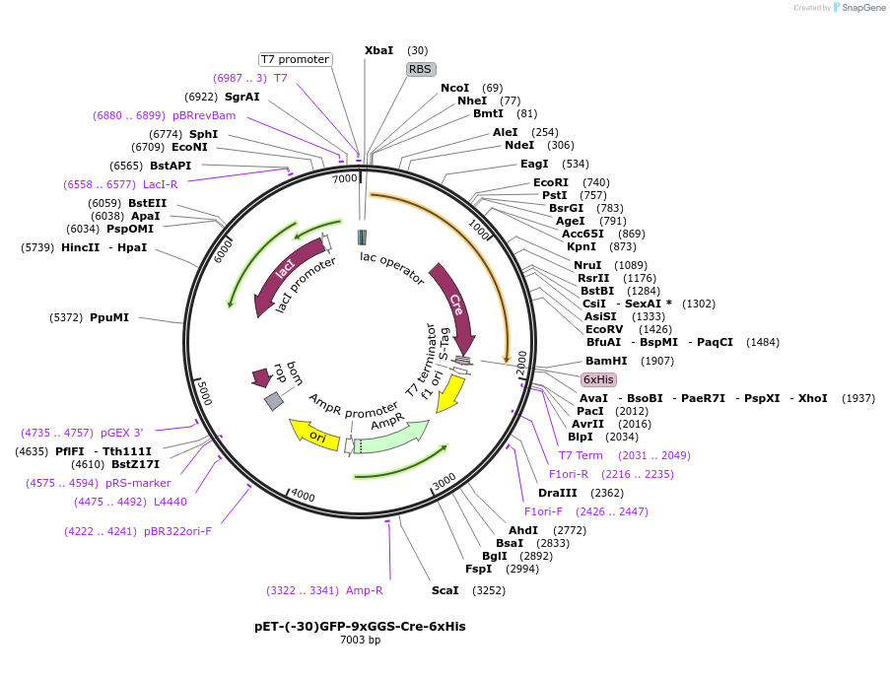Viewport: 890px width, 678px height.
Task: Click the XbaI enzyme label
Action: (378, 50)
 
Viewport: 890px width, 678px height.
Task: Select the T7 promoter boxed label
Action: (295, 59)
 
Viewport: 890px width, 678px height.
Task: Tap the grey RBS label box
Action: (420, 69)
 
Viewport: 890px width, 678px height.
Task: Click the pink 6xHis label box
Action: (598, 379)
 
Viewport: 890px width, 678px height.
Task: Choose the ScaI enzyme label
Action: (445, 590)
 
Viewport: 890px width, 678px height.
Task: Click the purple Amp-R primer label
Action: (364, 590)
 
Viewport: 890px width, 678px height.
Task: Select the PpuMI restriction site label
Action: (109, 317)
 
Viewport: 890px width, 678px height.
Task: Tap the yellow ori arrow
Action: (314, 434)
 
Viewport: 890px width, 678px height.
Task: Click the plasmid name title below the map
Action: (360, 626)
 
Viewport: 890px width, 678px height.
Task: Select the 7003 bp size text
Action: (360, 641)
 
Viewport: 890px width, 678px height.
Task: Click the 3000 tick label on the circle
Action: (444, 480)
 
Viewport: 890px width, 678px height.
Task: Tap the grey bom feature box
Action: (274, 400)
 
